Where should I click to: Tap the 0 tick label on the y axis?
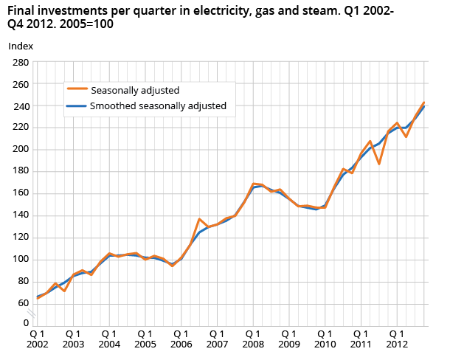click(x=24, y=323)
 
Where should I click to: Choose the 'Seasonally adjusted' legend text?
click(x=135, y=90)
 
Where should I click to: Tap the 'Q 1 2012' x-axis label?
click(x=395, y=338)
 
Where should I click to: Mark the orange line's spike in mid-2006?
click(x=199, y=219)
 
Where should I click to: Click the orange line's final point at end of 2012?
click(x=423, y=103)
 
